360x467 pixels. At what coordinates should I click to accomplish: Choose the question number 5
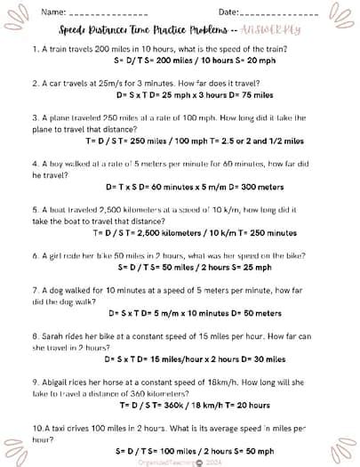(34, 210)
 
